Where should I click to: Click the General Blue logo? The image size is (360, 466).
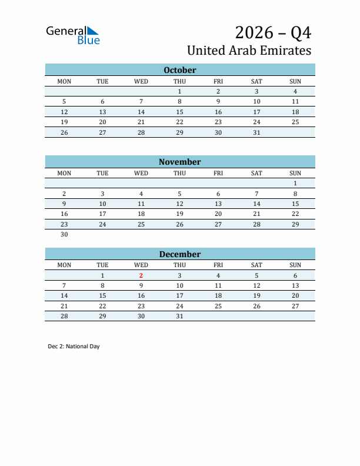[73, 35]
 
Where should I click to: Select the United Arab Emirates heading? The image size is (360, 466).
[249, 50]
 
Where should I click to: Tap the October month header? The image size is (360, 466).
[179, 70]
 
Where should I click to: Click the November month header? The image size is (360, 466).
[179, 162]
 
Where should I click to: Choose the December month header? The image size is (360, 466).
[179, 254]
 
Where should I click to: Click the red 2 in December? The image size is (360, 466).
[141, 275]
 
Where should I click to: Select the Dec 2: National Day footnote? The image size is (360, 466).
[74, 347]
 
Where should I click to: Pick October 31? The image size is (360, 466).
[256, 132]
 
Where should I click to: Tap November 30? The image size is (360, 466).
[64, 234]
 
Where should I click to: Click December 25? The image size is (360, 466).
[218, 306]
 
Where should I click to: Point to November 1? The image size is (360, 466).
[295, 184]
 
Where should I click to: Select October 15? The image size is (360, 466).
[179, 112]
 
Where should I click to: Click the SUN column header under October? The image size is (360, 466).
[295, 81]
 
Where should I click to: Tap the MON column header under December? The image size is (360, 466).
[64, 265]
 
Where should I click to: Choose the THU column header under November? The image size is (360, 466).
[179, 173]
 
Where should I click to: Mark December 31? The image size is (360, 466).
[179, 316]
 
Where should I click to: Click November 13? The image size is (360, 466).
[218, 204]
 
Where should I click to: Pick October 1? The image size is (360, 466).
[179, 91]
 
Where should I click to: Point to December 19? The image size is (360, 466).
[256, 296]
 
